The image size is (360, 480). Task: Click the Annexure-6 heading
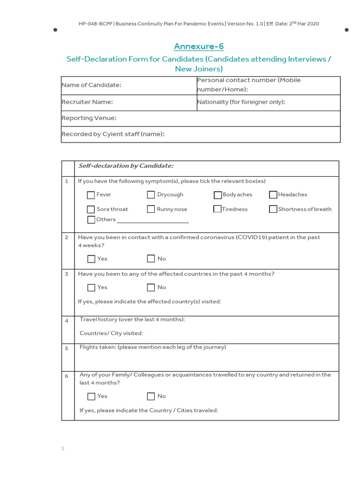pos(199,46)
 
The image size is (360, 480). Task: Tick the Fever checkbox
pos(91,195)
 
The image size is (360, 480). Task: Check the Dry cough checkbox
pos(151,195)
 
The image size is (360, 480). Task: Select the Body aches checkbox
pos(218,195)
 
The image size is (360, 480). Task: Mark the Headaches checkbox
pos(273,195)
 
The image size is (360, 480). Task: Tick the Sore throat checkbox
pos(91,210)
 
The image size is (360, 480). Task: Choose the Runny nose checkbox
pos(151,210)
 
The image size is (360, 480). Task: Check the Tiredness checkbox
pos(217,210)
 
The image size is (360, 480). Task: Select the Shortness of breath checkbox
pos(273,210)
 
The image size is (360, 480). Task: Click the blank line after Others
pos(152,220)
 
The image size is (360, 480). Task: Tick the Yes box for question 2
pos(91,259)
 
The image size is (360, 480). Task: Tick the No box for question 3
pos(151,287)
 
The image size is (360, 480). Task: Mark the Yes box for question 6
pos(91,397)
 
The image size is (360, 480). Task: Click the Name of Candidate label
pos(91,85)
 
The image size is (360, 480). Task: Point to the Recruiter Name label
pos(87,102)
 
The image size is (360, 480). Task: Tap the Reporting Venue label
pos(89,118)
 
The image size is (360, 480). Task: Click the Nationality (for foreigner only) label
pos(241,102)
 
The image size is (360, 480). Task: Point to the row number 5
pos(67,348)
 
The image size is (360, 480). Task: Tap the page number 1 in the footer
pos(62,449)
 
